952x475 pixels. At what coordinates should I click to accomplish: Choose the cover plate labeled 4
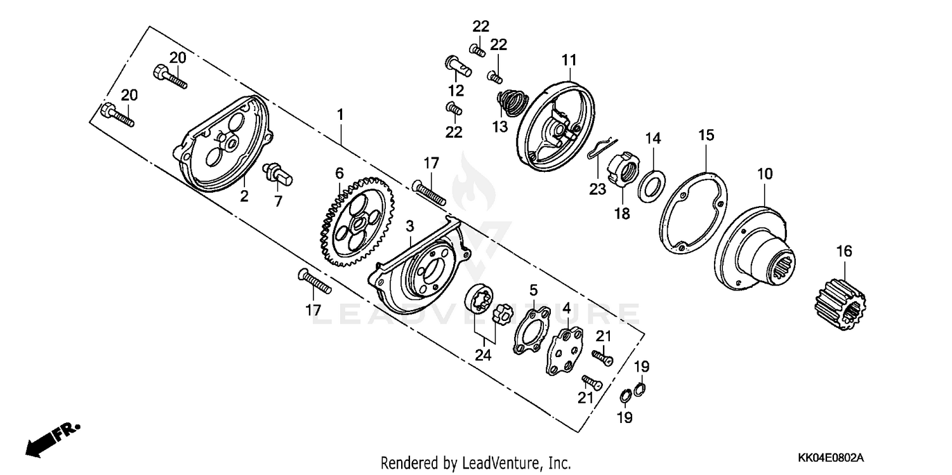point(565,349)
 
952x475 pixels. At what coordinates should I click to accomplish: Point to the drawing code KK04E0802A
point(831,457)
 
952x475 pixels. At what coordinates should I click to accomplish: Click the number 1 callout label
point(340,115)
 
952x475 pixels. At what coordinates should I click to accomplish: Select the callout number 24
point(484,356)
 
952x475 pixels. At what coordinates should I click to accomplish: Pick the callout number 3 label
point(410,226)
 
